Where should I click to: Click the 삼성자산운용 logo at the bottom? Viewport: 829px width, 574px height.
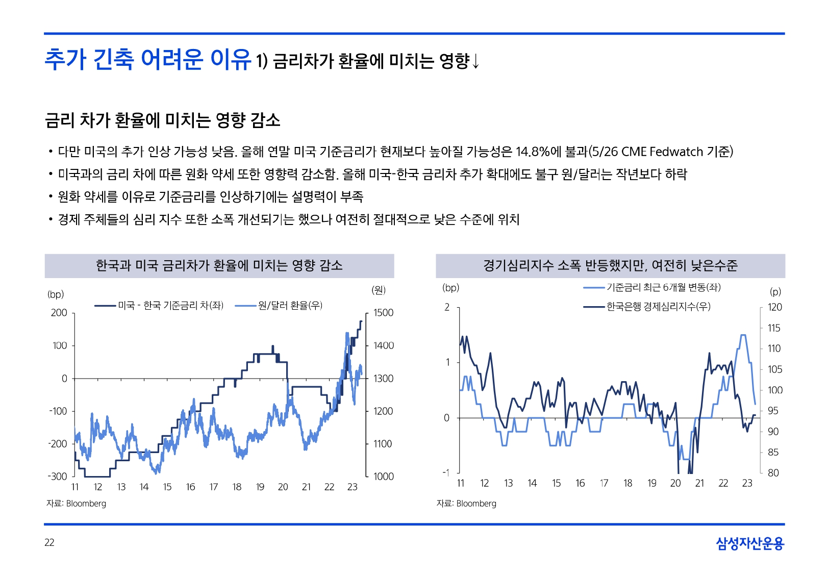tap(749, 543)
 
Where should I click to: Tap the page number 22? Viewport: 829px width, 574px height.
tap(49, 542)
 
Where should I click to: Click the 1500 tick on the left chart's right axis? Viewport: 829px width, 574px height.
tap(383, 313)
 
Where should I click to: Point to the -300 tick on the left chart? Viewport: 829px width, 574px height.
tap(58, 477)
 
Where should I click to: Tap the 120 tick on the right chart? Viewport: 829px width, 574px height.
tap(774, 307)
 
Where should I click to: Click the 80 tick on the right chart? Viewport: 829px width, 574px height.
tap(773, 473)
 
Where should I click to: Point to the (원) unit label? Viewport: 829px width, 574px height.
tap(379, 290)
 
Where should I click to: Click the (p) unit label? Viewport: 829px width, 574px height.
tap(775, 292)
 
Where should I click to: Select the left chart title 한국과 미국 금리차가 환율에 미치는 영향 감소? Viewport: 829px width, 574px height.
tap(219, 266)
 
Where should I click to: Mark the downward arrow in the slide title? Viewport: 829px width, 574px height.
tap(475, 61)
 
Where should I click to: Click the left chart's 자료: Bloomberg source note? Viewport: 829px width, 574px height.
tap(77, 504)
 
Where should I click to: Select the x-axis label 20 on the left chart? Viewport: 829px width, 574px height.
tap(283, 487)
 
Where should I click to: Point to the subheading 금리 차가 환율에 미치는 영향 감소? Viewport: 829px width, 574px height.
tap(163, 120)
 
